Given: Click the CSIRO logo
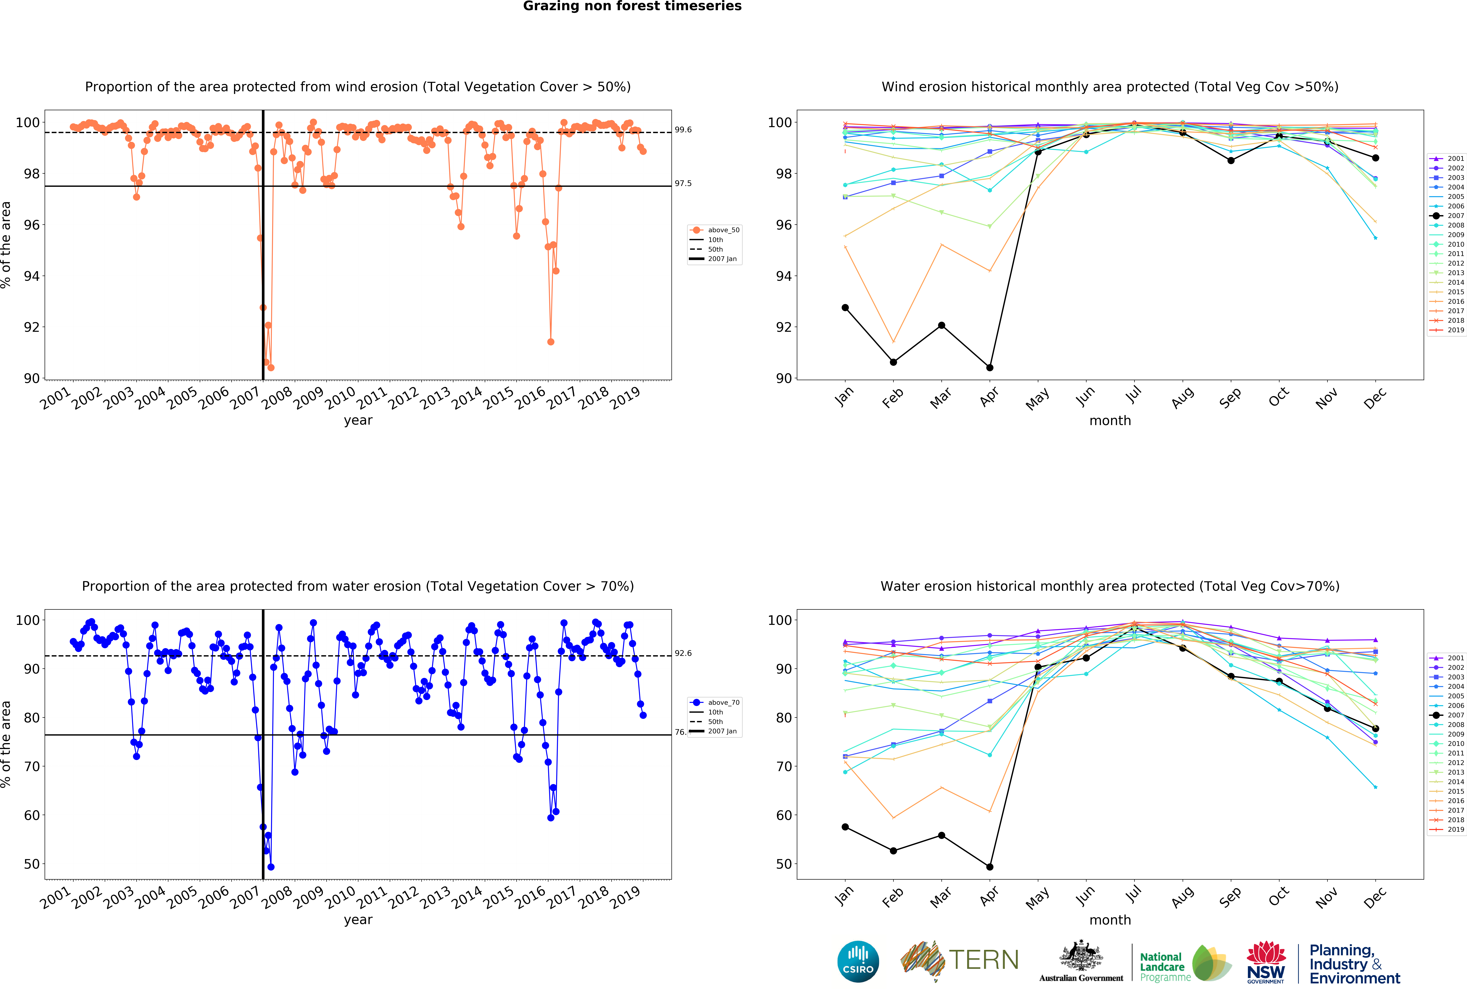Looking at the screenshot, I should [858, 961].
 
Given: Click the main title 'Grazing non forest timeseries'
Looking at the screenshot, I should [632, 6].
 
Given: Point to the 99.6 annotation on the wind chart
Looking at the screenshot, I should [683, 129].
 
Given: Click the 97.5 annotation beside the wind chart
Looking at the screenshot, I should [683, 183].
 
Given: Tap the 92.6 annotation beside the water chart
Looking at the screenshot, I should [683, 653].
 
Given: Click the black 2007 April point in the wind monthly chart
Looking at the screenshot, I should [990, 367].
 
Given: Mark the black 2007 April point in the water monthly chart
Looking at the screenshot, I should [990, 867].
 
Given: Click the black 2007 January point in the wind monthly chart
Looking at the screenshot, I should [845, 307].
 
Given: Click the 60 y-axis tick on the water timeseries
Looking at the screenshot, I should [32, 815].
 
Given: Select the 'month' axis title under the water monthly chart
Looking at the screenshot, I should [1110, 920].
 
